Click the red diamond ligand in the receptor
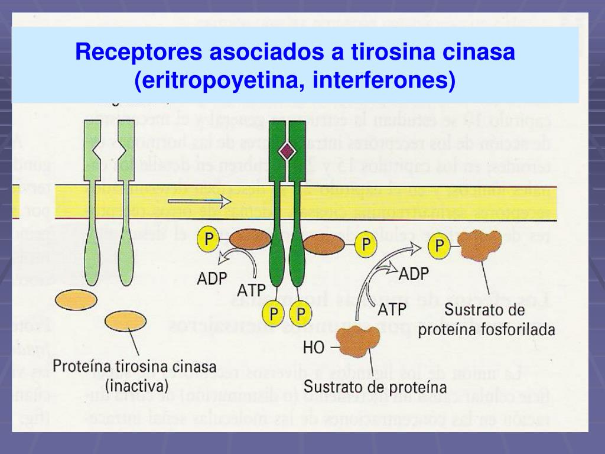click(x=287, y=152)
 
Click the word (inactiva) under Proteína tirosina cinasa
click(x=136, y=386)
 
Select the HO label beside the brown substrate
click(x=314, y=348)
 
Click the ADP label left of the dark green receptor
click(x=213, y=278)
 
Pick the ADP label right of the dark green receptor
click(x=414, y=273)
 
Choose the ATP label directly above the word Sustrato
click(x=391, y=309)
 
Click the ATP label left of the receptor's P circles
click(x=251, y=290)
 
